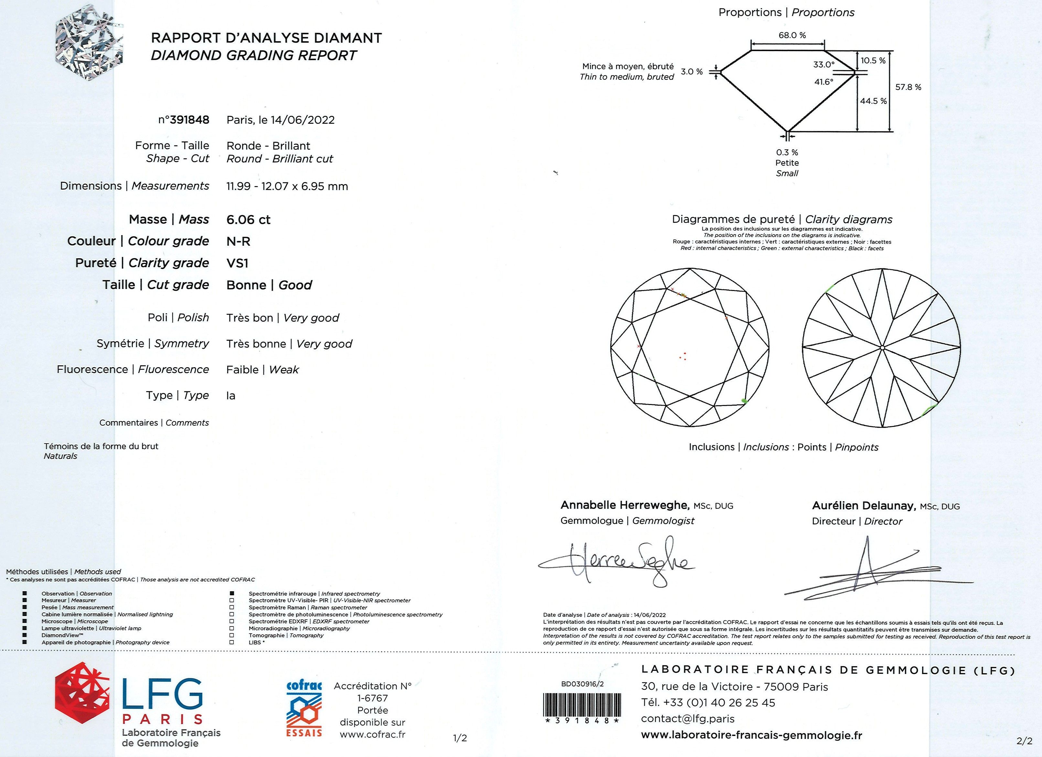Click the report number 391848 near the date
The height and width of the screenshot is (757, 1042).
click(189, 120)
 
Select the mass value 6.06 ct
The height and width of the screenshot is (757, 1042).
click(248, 219)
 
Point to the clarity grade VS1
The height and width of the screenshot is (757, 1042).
click(237, 263)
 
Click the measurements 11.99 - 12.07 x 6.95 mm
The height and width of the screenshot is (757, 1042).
click(287, 186)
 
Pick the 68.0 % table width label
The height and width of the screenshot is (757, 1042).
click(792, 35)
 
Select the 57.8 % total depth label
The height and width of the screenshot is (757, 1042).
click(908, 87)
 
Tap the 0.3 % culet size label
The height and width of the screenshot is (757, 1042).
click(787, 152)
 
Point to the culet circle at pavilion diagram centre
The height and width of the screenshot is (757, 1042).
click(883, 348)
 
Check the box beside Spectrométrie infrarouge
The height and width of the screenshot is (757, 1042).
click(232, 594)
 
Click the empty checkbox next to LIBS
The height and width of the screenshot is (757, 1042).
click(232, 642)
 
